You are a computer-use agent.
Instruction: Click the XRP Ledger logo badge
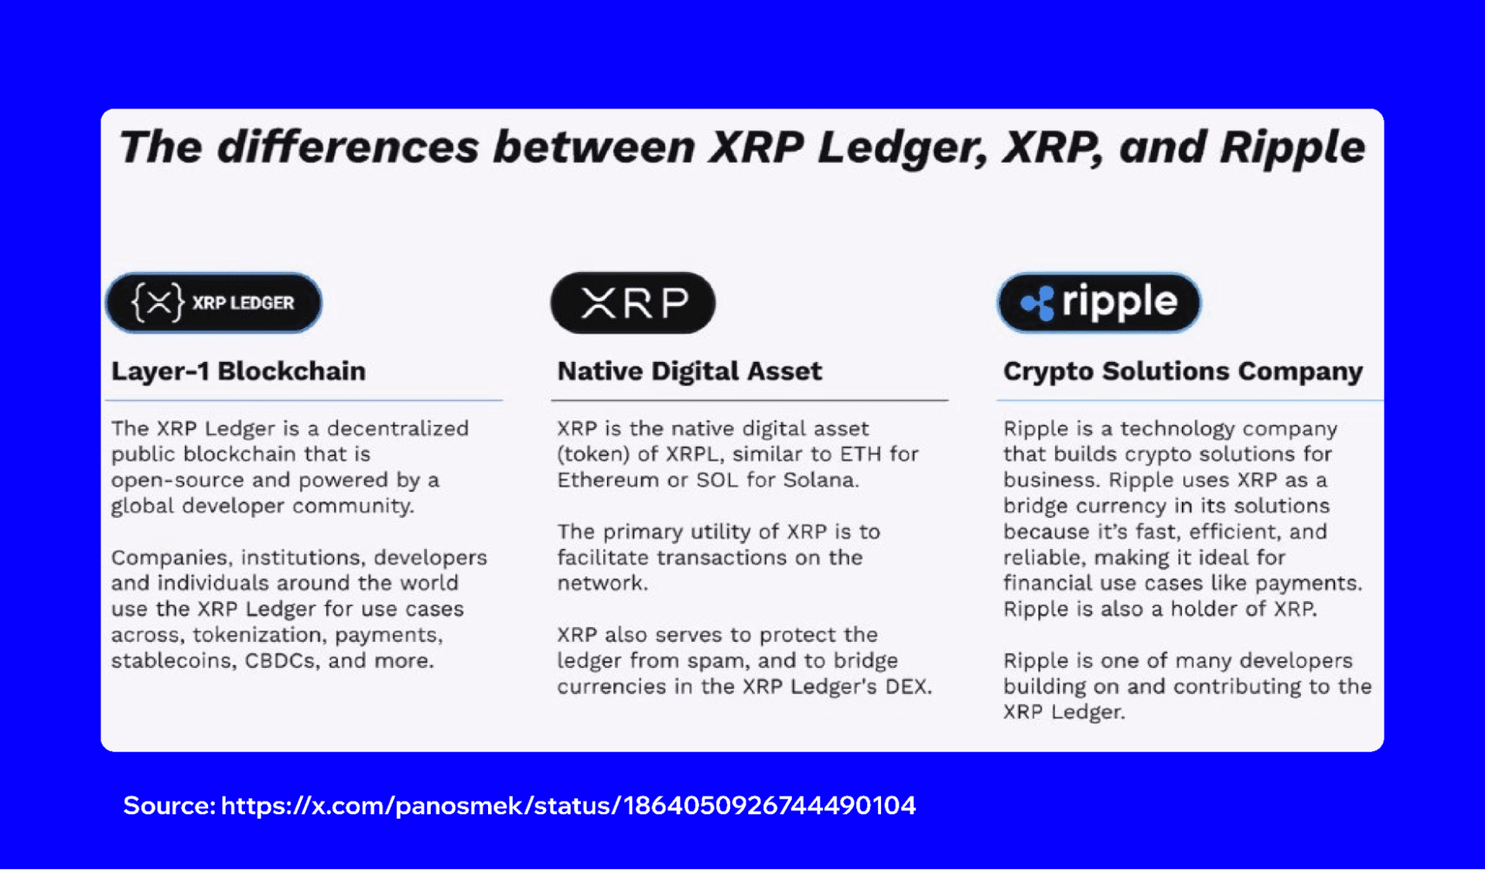point(213,302)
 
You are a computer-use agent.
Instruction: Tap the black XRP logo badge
point(633,302)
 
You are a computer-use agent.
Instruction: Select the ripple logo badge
point(1099,302)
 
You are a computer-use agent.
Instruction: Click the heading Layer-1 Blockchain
point(238,371)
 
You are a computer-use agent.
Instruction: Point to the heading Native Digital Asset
point(689,371)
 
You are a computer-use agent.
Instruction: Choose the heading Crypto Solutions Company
point(1183,371)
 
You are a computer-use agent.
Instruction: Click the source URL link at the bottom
point(568,806)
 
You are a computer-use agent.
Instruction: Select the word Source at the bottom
point(169,806)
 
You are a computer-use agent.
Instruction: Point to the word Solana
point(821,480)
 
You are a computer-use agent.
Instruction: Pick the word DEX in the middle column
point(908,687)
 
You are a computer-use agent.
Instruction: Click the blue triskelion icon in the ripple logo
point(1038,302)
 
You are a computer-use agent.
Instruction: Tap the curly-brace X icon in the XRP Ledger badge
point(158,302)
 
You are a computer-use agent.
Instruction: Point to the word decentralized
point(398,428)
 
